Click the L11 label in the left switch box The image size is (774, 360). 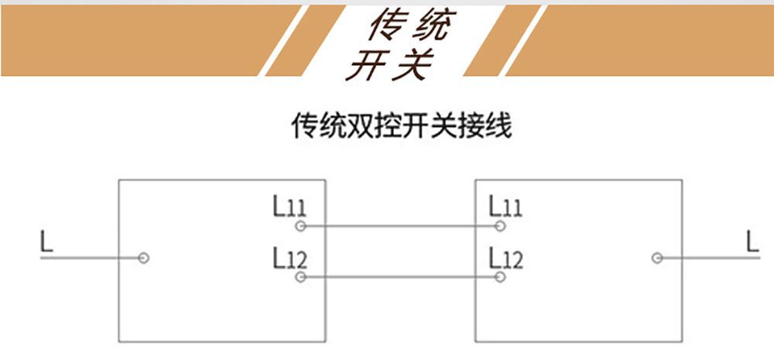pos(289,206)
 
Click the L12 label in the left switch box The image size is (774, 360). pos(290,258)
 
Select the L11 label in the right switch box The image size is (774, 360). pos(505,206)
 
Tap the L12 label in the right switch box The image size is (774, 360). pos(506,258)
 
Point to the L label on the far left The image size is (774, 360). pos(47,242)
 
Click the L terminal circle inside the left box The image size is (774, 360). pos(144,258)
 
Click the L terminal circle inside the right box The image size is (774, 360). pos(657,258)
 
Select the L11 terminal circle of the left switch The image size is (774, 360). pos(300,226)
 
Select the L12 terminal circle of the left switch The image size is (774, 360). pos(300,277)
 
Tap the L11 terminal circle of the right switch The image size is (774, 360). pos(500,226)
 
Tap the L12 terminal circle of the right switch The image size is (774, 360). pos(500,277)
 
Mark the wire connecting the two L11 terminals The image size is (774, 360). pos(400,226)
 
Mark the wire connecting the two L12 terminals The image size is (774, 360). pos(400,277)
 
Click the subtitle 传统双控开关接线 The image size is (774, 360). pos(402,126)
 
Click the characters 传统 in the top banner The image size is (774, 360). pos(409,26)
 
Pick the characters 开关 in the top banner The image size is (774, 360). pos(390,64)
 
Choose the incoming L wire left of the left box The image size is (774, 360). pos(92,258)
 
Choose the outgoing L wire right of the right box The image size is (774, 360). pos(708,258)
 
